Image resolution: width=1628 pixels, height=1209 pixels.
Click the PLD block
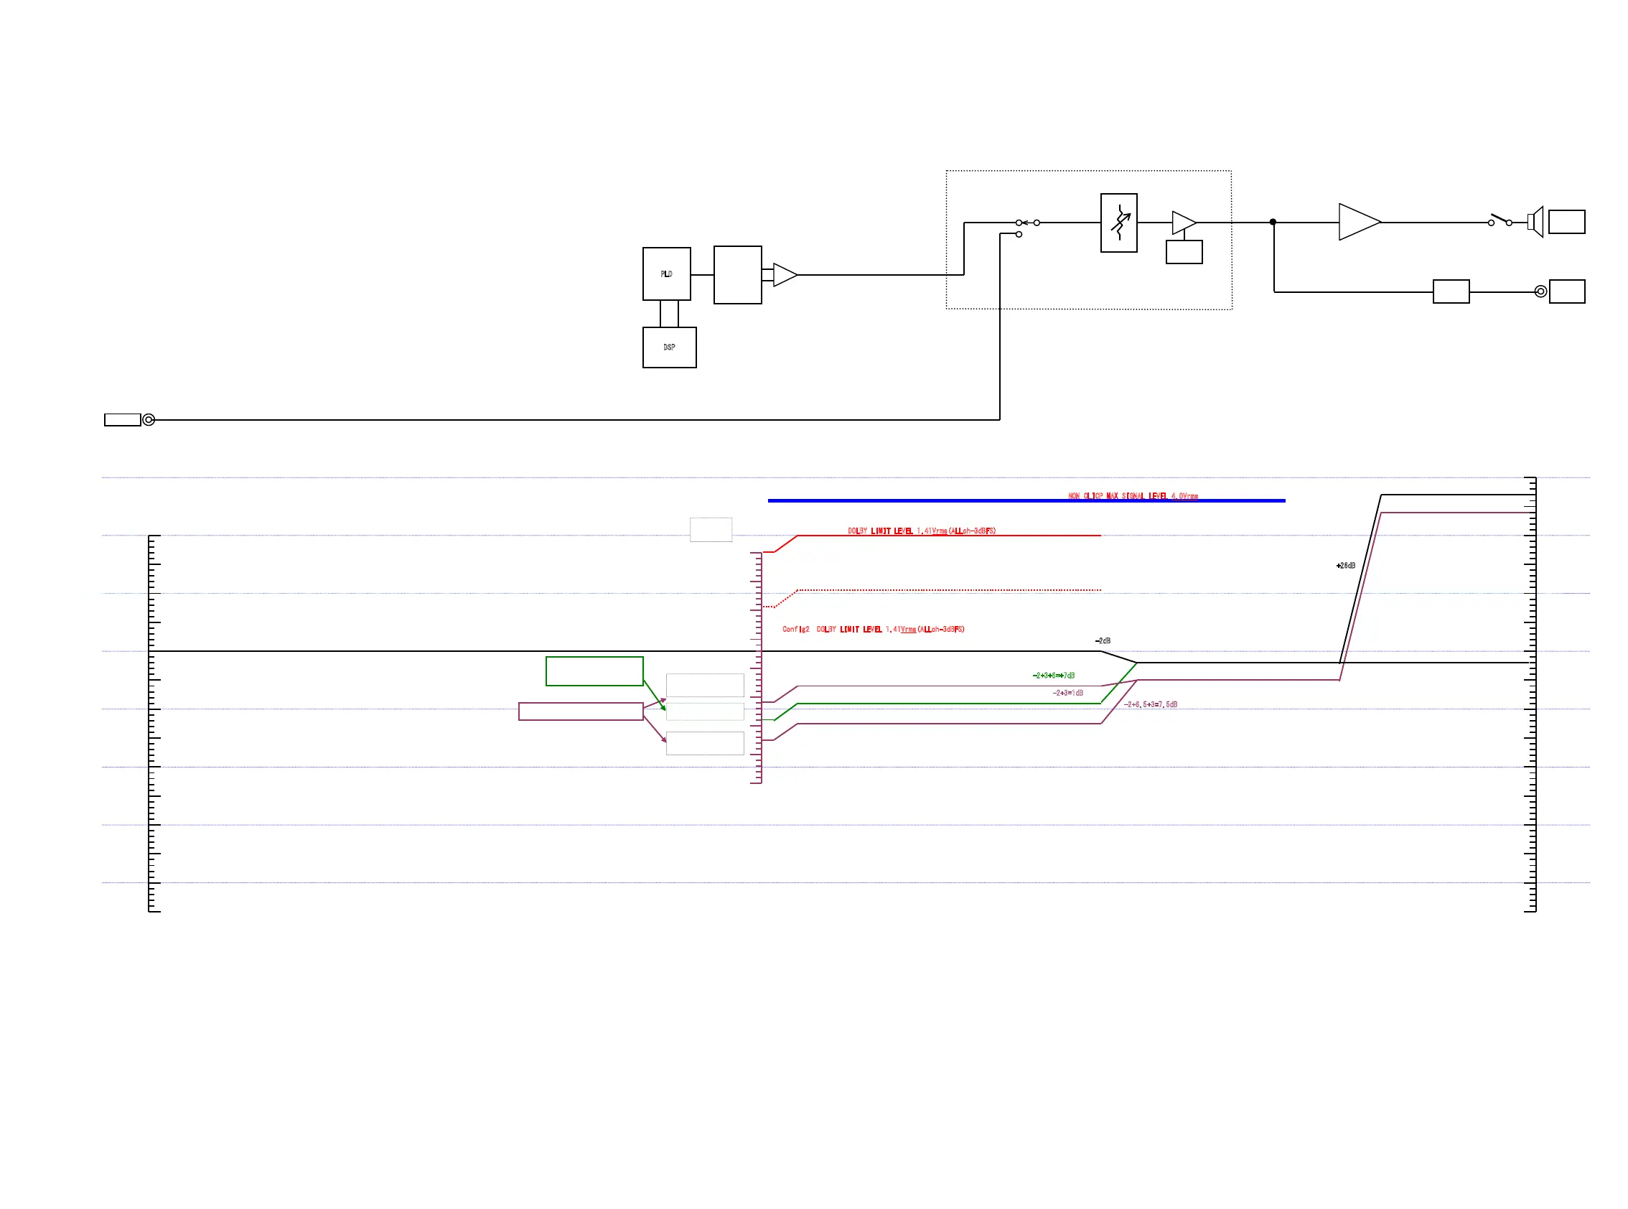point(666,274)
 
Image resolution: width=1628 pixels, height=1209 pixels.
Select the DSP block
point(669,347)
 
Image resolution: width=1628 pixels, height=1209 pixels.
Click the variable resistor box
point(1118,223)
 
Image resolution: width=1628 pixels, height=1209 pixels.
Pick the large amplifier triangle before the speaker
point(1357,222)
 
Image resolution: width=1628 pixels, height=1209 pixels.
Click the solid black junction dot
point(1273,222)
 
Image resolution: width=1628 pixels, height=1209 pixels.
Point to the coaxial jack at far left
point(149,419)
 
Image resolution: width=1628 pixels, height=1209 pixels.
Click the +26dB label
point(1345,566)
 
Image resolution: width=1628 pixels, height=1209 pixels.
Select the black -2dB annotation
point(1102,640)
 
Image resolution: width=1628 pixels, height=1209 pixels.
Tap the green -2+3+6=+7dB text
point(1053,676)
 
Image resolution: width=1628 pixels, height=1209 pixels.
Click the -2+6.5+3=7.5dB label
point(1150,704)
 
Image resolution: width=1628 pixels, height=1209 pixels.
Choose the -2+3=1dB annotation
point(1067,692)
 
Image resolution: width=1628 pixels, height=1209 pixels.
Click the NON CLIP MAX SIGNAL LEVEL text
point(1132,496)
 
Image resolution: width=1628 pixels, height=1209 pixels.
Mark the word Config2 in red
point(795,629)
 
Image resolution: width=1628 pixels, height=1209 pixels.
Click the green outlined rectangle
point(594,671)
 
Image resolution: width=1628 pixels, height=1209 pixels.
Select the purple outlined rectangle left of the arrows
point(580,711)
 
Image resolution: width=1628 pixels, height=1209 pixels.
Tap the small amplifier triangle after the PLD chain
point(784,274)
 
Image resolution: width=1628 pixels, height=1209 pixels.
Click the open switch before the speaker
point(1500,220)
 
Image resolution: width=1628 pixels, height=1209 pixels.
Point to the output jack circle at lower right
point(1540,291)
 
